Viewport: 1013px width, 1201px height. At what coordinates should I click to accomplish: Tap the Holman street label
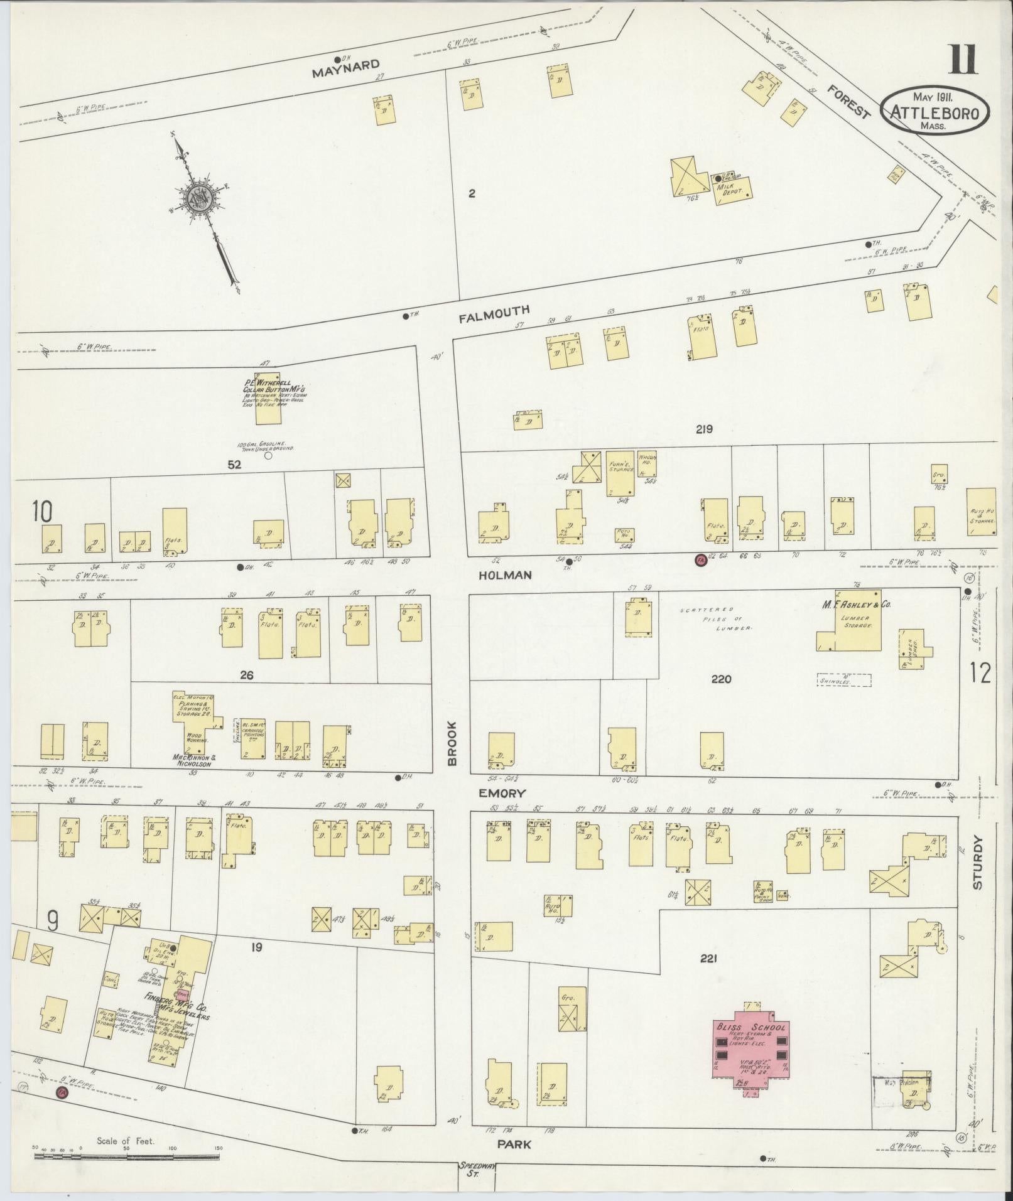pos(506,574)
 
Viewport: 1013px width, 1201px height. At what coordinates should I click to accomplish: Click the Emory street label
pos(501,793)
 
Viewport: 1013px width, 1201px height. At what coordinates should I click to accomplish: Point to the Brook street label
pos(452,743)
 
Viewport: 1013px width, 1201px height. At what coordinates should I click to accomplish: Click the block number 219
pos(704,429)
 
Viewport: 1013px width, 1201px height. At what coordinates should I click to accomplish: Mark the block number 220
pos(721,679)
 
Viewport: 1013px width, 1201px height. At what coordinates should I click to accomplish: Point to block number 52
pos(236,465)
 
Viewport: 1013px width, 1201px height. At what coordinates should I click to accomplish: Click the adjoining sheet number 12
pos(980,674)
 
